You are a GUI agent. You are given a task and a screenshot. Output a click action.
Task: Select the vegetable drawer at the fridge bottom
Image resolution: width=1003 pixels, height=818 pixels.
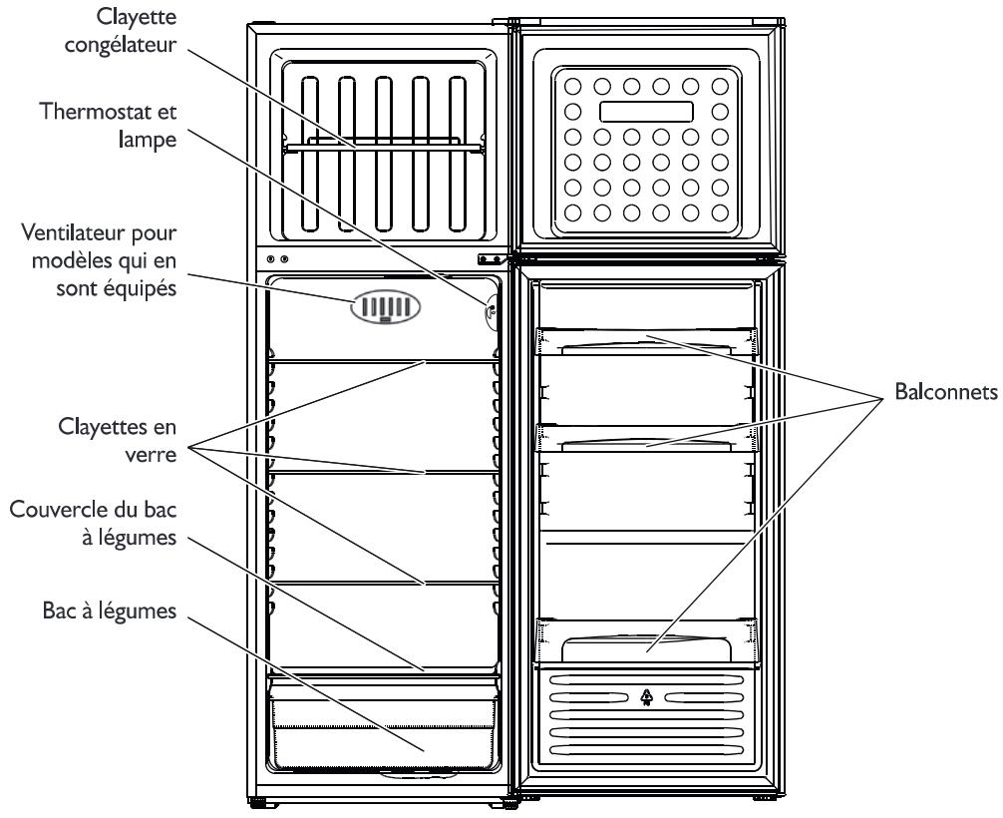384,728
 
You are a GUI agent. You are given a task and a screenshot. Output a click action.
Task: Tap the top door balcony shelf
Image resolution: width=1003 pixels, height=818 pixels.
646,341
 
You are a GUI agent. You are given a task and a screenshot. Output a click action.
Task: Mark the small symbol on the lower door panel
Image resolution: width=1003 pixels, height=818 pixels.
646,695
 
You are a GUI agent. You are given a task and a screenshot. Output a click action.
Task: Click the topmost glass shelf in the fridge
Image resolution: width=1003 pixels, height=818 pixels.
384,361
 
